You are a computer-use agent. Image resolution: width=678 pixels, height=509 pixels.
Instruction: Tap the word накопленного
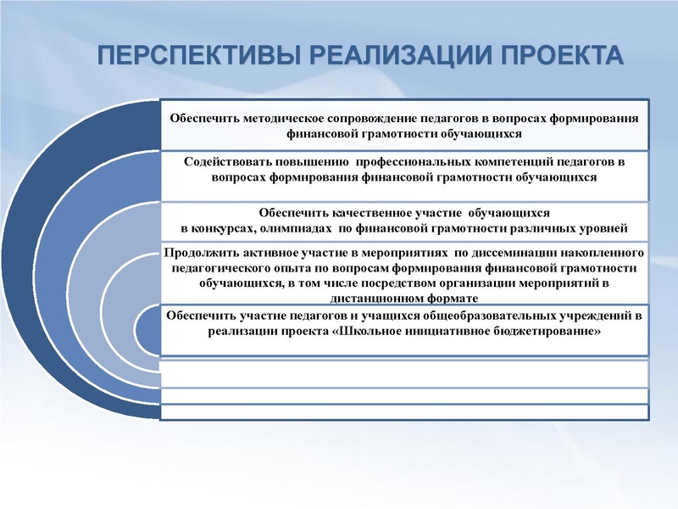pyautogui.click(x=603, y=253)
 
